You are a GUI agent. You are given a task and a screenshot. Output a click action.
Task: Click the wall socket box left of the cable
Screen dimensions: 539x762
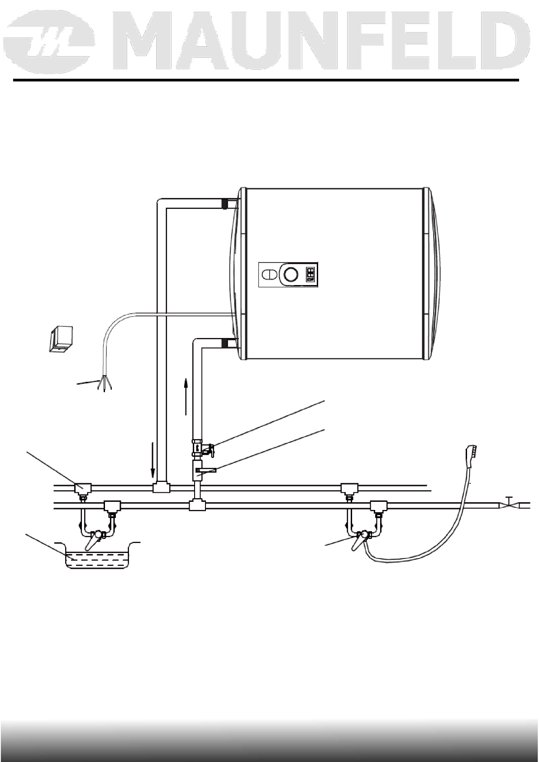(x=61, y=339)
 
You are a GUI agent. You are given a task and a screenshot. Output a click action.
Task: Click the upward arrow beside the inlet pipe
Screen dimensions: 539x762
(x=186, y=396)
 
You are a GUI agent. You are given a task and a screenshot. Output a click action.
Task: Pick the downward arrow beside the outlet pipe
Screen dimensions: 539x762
(x=153, y=460)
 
